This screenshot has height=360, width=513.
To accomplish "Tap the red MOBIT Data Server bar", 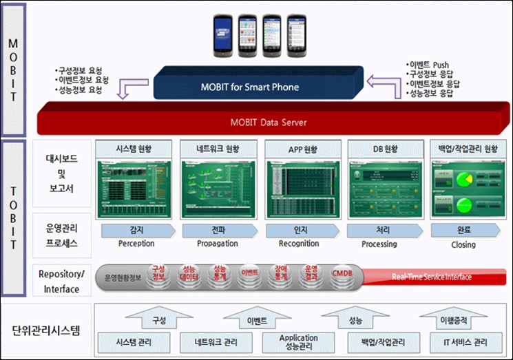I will click(x=268, y=123).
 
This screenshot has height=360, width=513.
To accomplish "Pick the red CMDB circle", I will click(x=342, y=274).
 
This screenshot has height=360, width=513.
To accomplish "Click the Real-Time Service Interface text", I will click(x=432, y=277).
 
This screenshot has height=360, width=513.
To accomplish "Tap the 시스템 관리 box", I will click(x=133, y=341).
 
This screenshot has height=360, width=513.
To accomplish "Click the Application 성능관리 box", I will click(x=298, y=341).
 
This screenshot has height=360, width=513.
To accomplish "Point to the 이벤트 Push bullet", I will click(x=429, y=65).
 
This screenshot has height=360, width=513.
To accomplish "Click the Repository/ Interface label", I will click(x=61, y=281).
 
